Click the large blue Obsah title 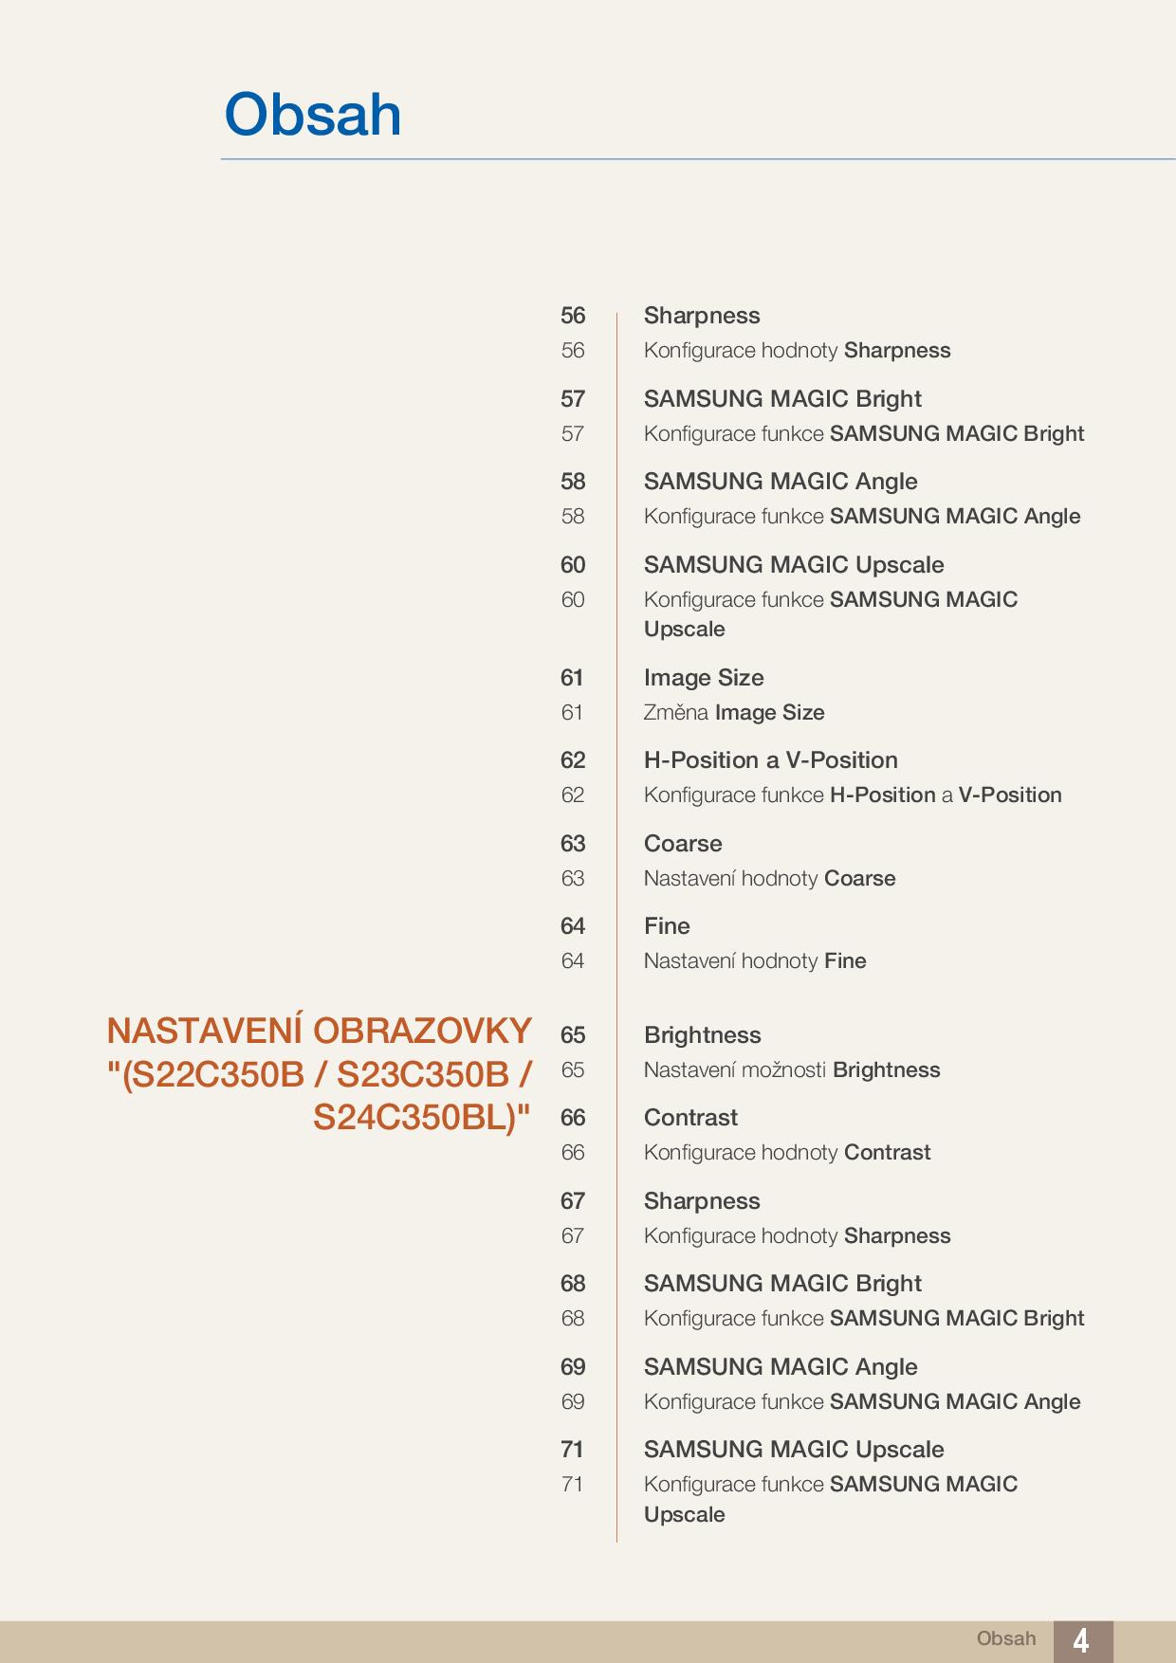point(313,116)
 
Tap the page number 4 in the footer point(1080,1640)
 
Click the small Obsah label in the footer point(1006,1638)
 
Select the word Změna point(675,713)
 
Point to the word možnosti point(783,1070)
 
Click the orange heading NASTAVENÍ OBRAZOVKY point(319,1031)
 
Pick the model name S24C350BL point(413,1119)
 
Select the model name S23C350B point(423,1075)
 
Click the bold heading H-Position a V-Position point(770,760)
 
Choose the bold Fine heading point(667,926)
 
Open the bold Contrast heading point(690,1118)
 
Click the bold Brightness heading point(702,1035)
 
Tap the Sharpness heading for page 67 point(702,1201)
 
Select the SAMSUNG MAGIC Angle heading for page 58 point(781,482)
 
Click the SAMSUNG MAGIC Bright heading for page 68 point(782,1284)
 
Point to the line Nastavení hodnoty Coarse point(769,879)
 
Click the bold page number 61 point(572,678)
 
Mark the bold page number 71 point(572,1450)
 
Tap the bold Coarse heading point(683,844)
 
